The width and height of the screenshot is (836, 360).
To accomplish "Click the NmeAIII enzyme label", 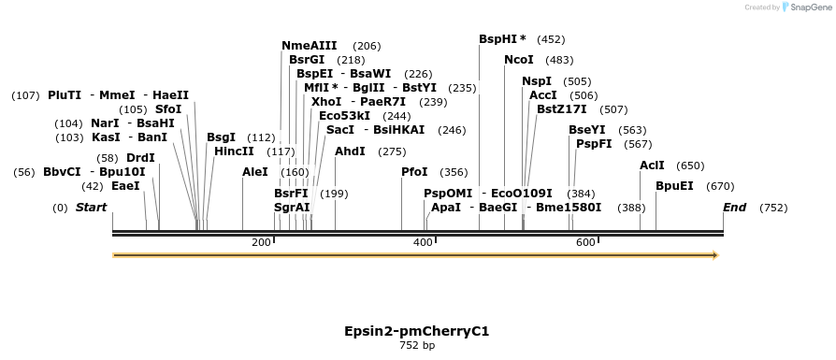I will click(x=309, y=46).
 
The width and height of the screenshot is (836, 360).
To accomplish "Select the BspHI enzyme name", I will click(x=498, y=39).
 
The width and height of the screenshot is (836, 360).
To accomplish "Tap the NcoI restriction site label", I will click(x=518, y=60).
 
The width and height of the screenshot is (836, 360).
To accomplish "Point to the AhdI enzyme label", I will click(x=350, y=151).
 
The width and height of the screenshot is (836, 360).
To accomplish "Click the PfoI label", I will click(x=414, y=172).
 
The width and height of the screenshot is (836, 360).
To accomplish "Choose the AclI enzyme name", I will click(x=652, y=166).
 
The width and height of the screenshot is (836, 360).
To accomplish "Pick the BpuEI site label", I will click(x=674, y=186).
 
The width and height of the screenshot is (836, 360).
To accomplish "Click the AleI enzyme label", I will click(x=255, y=172).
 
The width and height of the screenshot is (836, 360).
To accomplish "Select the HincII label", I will click(x=234, y=151).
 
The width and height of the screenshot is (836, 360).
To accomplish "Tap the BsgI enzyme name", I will click(x=221, y=137).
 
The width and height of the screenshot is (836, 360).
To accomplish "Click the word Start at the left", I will click(x=91, y=207).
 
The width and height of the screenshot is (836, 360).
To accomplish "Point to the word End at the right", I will click(x=734, y=207).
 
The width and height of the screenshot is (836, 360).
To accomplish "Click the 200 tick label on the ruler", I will click(x=261, y=243).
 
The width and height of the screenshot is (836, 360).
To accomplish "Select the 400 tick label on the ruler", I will click(x=423, y=243).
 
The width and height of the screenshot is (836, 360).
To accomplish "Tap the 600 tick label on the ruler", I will click(x=585, y=243).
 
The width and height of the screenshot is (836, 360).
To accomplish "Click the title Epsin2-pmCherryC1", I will click(x=417, y=331).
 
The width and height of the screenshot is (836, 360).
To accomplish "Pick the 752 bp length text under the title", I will click(x=417, y=346).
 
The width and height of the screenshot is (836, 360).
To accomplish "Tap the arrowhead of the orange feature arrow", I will click(x=714, y=254).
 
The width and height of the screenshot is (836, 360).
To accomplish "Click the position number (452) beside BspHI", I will click(x=552, y=40).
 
